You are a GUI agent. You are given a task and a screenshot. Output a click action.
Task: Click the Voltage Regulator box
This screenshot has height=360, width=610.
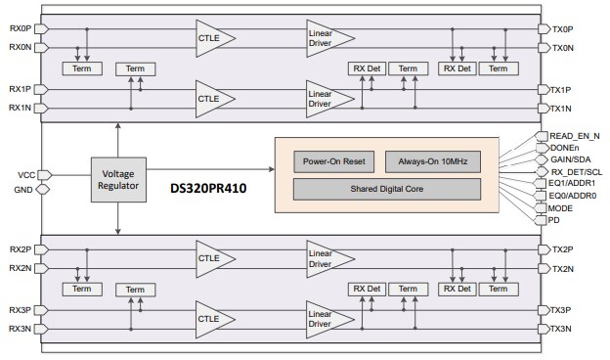pos(117,181)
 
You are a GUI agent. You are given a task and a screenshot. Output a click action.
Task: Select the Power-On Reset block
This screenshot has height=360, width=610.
pos(332,160)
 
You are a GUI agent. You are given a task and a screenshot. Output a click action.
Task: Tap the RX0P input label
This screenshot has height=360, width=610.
pos(21,28)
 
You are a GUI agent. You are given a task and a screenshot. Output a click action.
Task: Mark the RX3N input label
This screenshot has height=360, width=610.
pos(21,328)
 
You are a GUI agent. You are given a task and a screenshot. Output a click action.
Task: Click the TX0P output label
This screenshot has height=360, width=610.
pos(561,29)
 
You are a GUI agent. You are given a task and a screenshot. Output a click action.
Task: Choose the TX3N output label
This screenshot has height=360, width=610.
pos(561,328)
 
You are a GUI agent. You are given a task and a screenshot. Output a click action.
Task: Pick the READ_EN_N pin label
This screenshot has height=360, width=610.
pos(573,136)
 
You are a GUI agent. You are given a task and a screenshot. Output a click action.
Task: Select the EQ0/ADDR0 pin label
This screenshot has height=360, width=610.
pos(572,196)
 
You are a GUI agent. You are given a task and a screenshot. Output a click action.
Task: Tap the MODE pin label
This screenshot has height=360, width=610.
pos(562,207)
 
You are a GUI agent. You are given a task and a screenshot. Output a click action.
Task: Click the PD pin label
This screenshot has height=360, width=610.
pos(555,220)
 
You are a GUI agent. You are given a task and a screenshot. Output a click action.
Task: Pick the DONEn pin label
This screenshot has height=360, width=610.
pos(564,148)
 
